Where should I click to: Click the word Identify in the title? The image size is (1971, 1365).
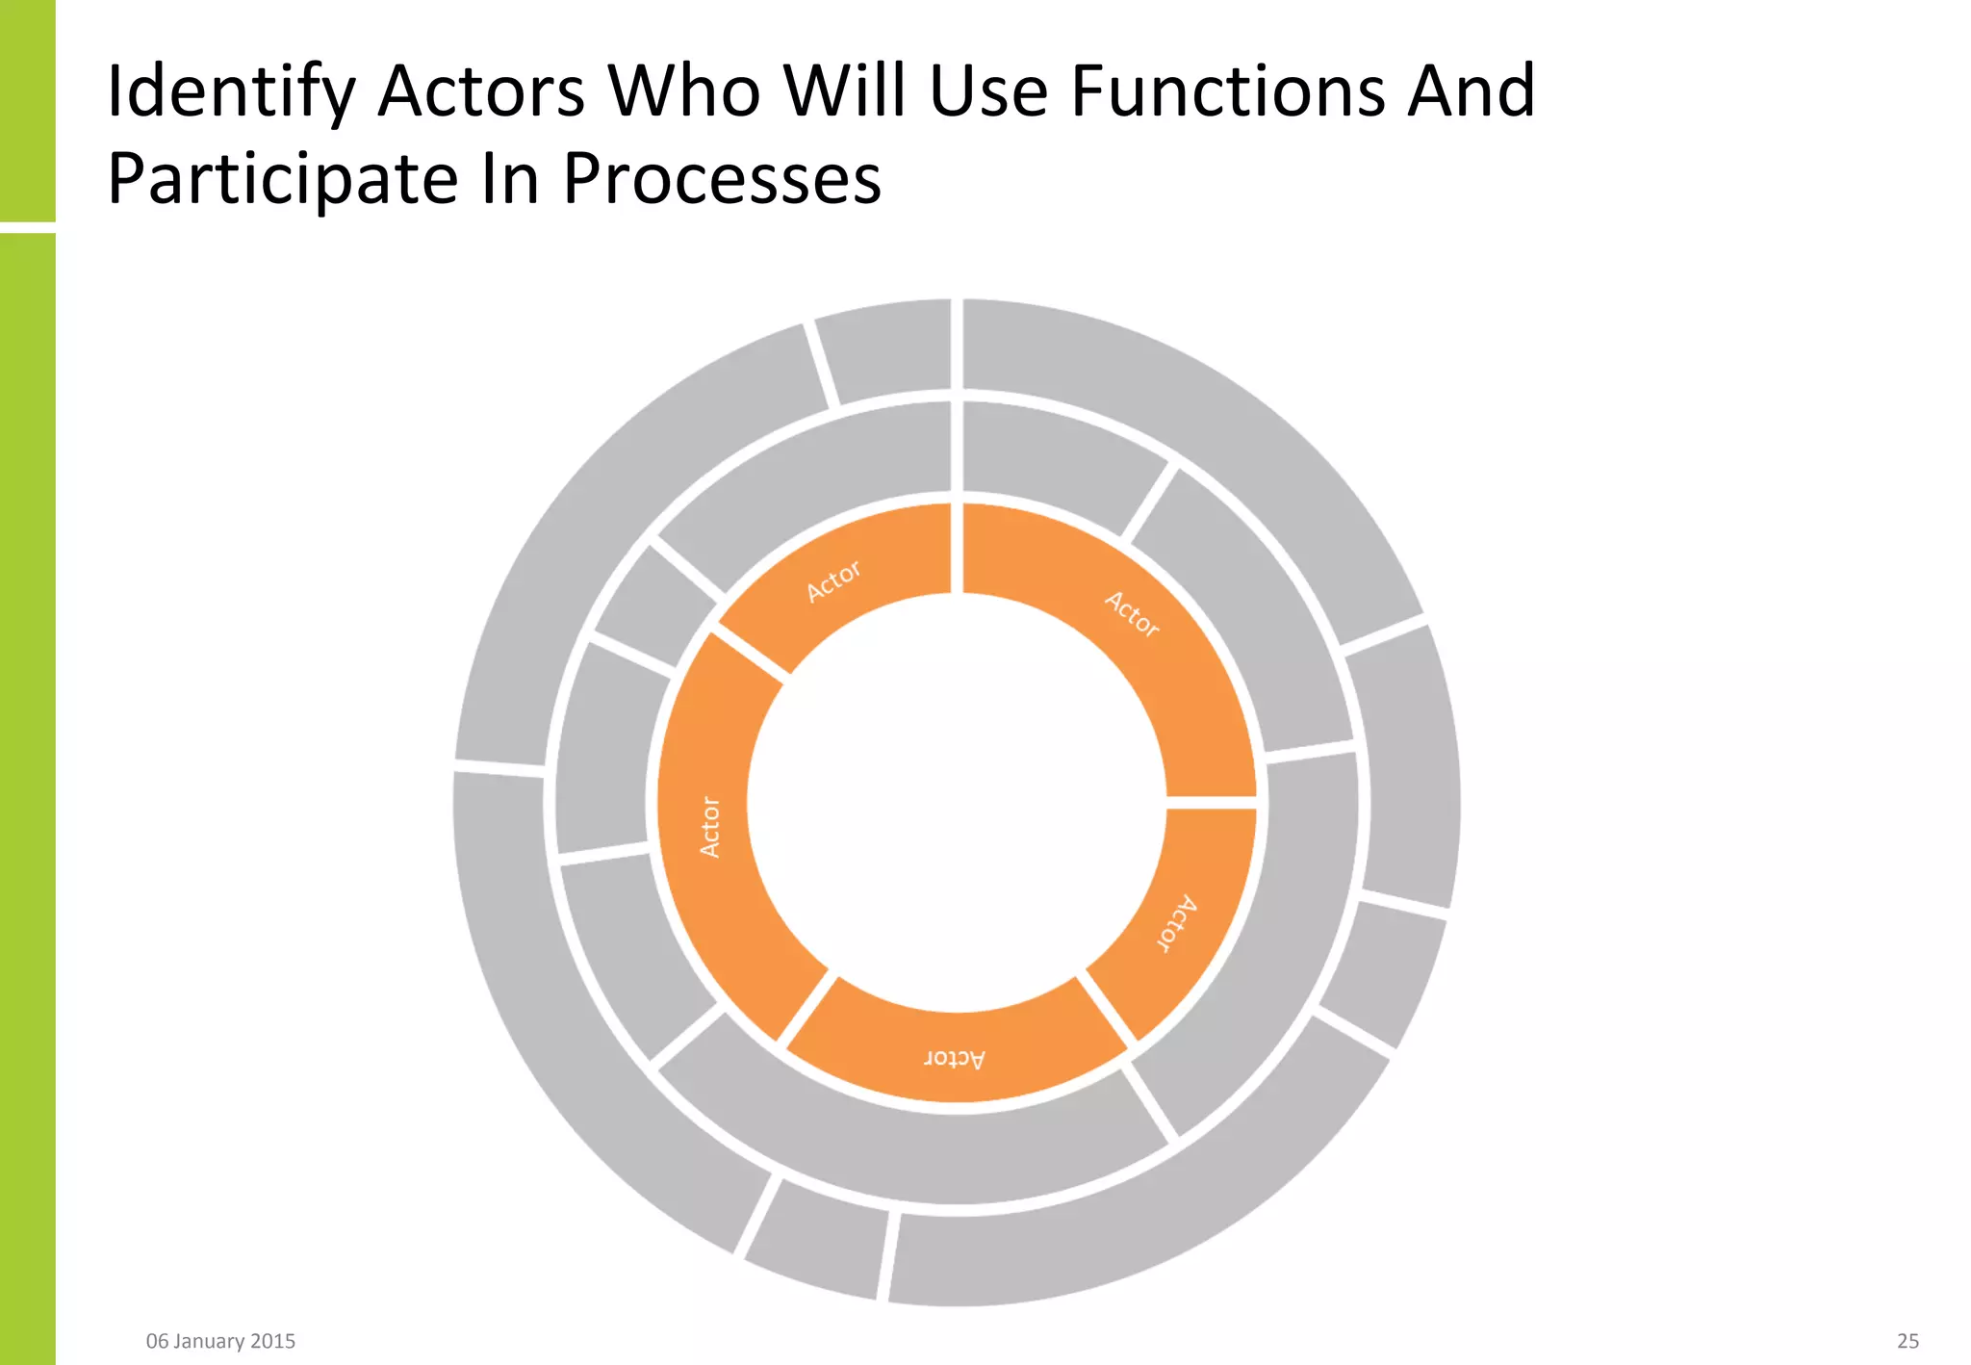point(230,93)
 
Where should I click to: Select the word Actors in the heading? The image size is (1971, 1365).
point(481,91)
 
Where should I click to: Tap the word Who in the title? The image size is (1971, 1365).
point(684,91)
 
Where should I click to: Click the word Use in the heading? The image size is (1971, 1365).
point(987,91)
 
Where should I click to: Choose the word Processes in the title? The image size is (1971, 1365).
point(722,180)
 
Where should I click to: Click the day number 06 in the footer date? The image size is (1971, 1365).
point(157,1341)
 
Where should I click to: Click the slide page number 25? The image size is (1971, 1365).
point(1907,1341)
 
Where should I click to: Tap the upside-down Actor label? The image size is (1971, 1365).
point(954,1059)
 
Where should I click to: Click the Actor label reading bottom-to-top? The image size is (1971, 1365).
point(709,826)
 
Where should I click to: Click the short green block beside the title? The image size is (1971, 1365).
point(27,111)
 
